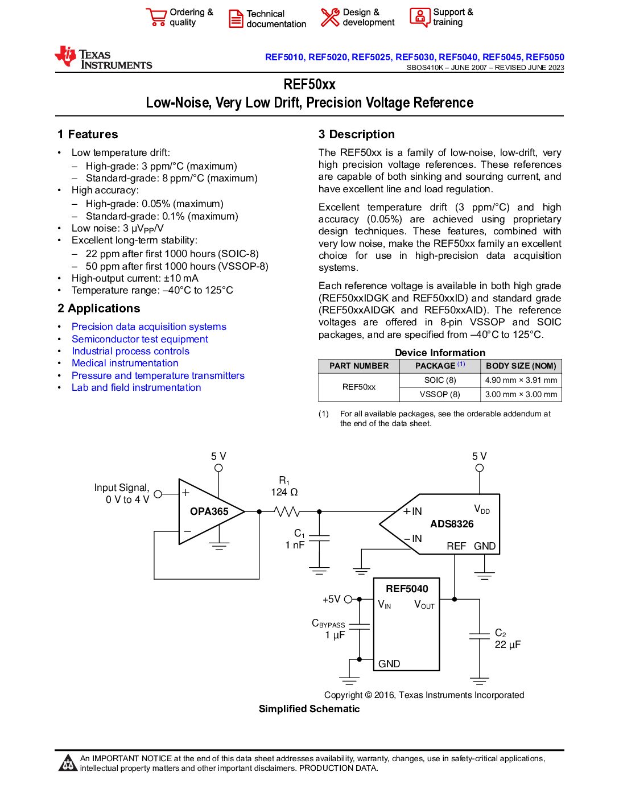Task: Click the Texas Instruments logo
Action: pos(103,58)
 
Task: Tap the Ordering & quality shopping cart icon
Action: pos(155,17)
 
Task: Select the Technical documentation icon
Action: pos(236,18)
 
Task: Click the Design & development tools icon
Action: pos(329,17)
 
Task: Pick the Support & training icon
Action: pos(420,17)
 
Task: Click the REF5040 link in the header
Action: pos(459,57)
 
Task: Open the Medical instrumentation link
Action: pos(125,363)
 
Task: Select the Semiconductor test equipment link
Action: pos(139,339)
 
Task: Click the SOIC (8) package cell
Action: pos(440,380)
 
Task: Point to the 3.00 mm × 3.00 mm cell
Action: pos(521,394)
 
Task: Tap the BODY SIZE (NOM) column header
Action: pos(521,366)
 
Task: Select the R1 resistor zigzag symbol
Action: pos(287,511)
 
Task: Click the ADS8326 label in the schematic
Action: pos(452,524)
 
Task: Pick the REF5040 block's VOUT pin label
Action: pos(424,605)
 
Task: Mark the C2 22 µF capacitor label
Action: pos(507,639)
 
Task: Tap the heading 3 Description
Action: pos(356,134)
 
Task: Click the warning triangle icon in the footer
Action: pos(68,763)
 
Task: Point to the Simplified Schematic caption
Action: pos(309,709)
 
